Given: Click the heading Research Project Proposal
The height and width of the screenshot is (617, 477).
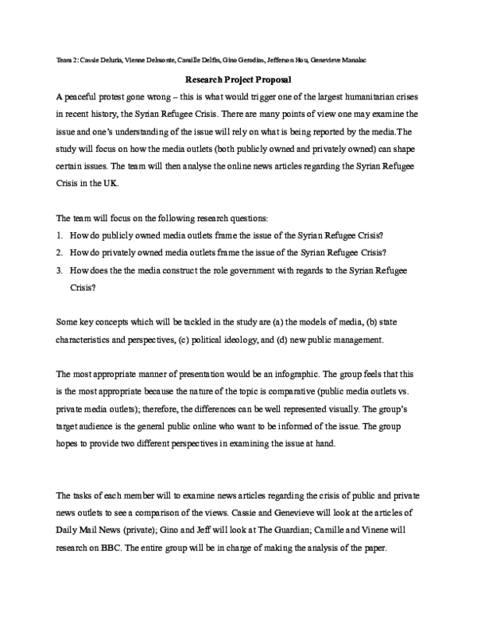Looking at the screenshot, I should (x=238, y=80).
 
